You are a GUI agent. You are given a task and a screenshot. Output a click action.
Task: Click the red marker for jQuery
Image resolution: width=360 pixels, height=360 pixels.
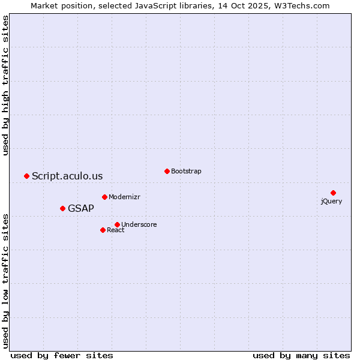333,193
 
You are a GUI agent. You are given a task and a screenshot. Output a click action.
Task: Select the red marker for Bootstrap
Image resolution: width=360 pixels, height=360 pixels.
167,171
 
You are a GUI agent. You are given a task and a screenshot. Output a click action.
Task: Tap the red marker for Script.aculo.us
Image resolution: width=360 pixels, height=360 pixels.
26,176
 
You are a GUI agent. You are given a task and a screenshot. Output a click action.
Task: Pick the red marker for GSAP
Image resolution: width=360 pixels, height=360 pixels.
62,208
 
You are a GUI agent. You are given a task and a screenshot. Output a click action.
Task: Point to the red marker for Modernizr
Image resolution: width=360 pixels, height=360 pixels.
104,197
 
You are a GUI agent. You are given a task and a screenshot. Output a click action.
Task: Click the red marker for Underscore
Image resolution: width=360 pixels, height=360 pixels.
117,224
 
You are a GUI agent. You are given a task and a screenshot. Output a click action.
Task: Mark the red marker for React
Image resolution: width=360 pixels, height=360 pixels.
103,230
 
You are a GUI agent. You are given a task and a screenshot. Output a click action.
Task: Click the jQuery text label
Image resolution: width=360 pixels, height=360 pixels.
331,201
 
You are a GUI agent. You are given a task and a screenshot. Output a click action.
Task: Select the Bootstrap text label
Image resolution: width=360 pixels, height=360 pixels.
186,171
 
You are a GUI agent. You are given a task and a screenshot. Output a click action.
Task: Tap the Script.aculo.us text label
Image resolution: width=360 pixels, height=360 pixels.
67,176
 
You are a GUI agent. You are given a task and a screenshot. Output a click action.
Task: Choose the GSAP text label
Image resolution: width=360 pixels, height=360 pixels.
81,208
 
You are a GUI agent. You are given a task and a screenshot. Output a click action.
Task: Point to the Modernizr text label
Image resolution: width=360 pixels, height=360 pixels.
124,197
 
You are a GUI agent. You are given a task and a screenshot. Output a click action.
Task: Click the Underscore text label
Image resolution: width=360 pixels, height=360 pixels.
139,224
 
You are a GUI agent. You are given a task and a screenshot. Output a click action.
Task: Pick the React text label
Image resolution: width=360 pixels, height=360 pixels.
116,230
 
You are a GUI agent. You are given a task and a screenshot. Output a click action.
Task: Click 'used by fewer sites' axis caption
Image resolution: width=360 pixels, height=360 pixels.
62,355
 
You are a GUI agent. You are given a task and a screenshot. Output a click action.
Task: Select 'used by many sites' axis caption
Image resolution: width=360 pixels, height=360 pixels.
301,355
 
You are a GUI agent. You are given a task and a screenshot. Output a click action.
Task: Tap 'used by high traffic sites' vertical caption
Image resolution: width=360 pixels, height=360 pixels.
6,85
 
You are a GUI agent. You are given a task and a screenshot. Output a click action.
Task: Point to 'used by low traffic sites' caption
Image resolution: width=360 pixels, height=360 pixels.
6,280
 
